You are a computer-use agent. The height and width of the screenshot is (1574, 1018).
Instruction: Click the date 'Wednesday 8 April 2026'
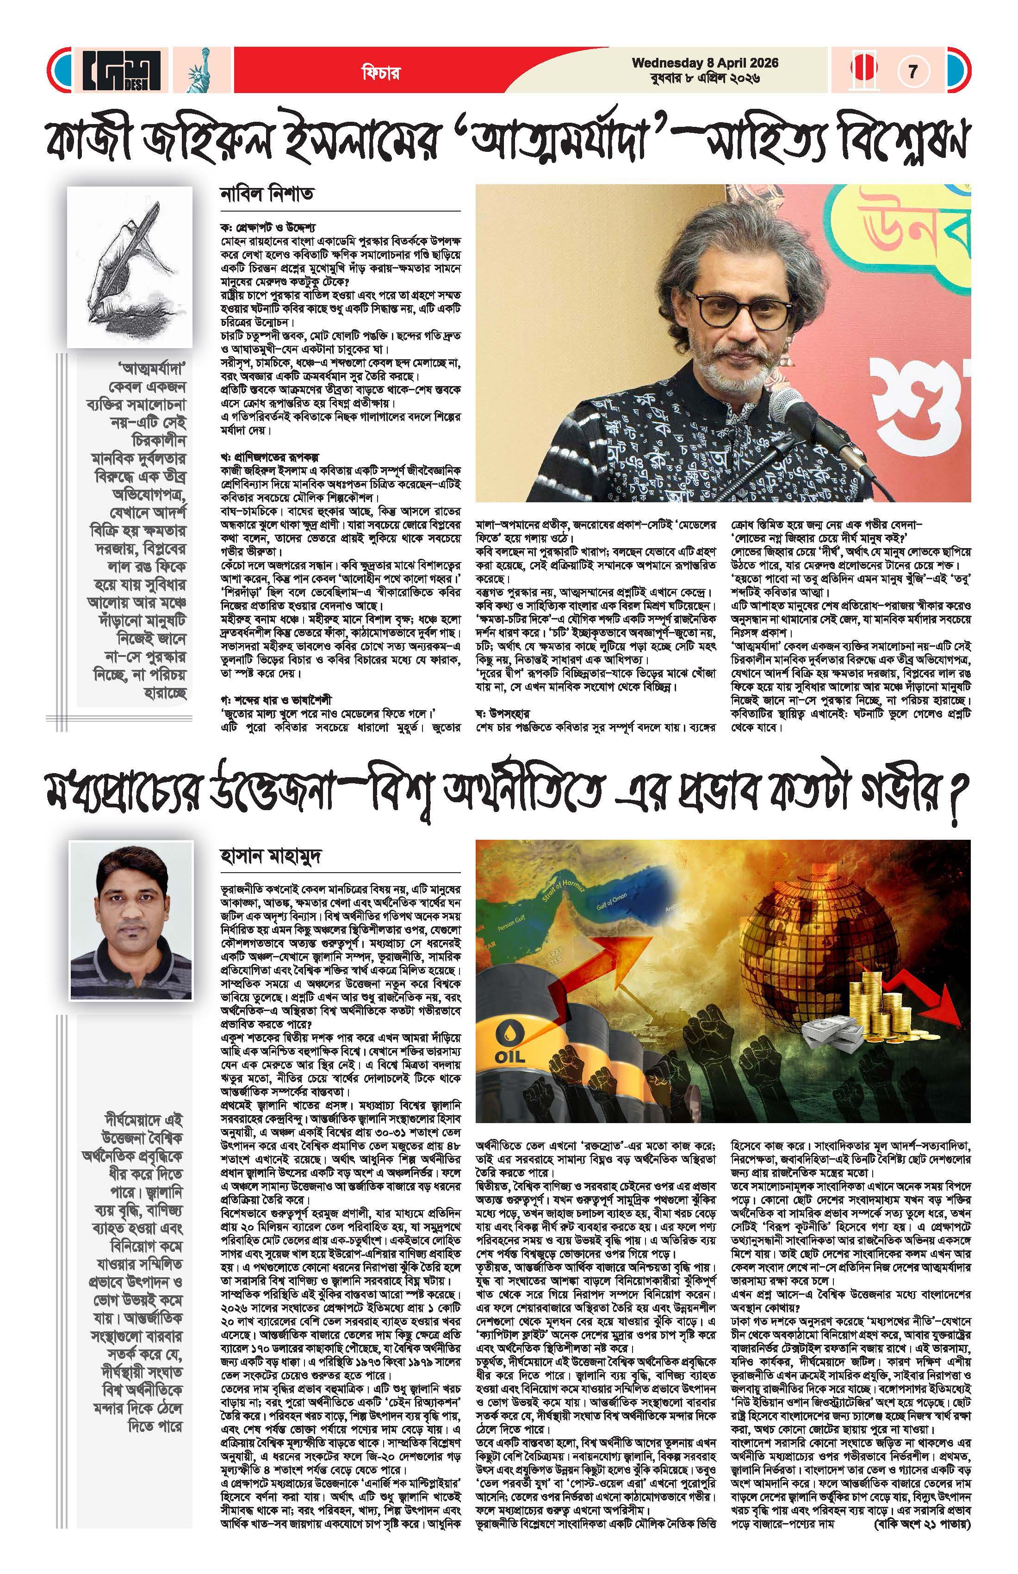tap(705, 63)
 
